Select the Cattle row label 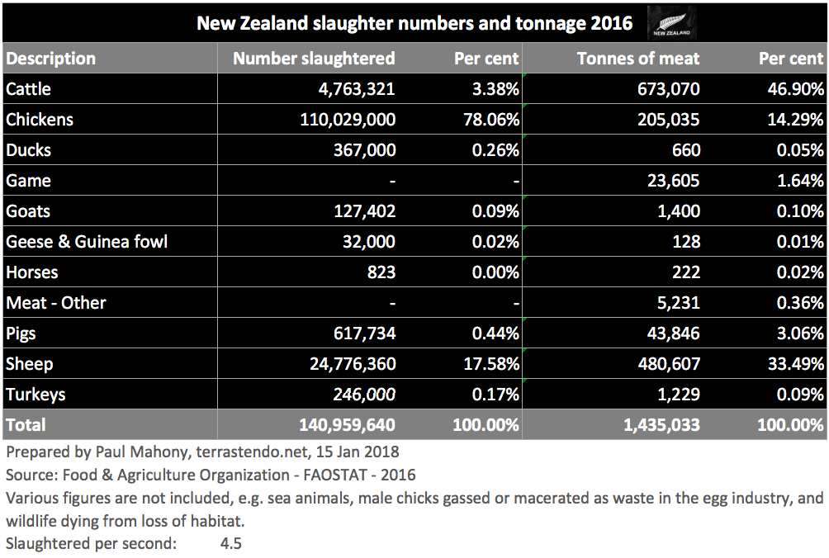tap(29, 88)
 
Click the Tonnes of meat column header tap(638, 59)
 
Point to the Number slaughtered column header tap(314, 59)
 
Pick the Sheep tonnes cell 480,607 tap(666, 363)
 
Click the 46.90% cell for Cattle tap(792, 88)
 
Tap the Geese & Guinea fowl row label tap(87, 241)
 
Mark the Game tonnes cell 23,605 tap(673, 180)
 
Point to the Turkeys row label tap(35, 394)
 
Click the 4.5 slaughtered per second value tap(230, 544)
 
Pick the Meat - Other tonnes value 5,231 tap(677, 302)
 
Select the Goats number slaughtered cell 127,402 tap(362, 210)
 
